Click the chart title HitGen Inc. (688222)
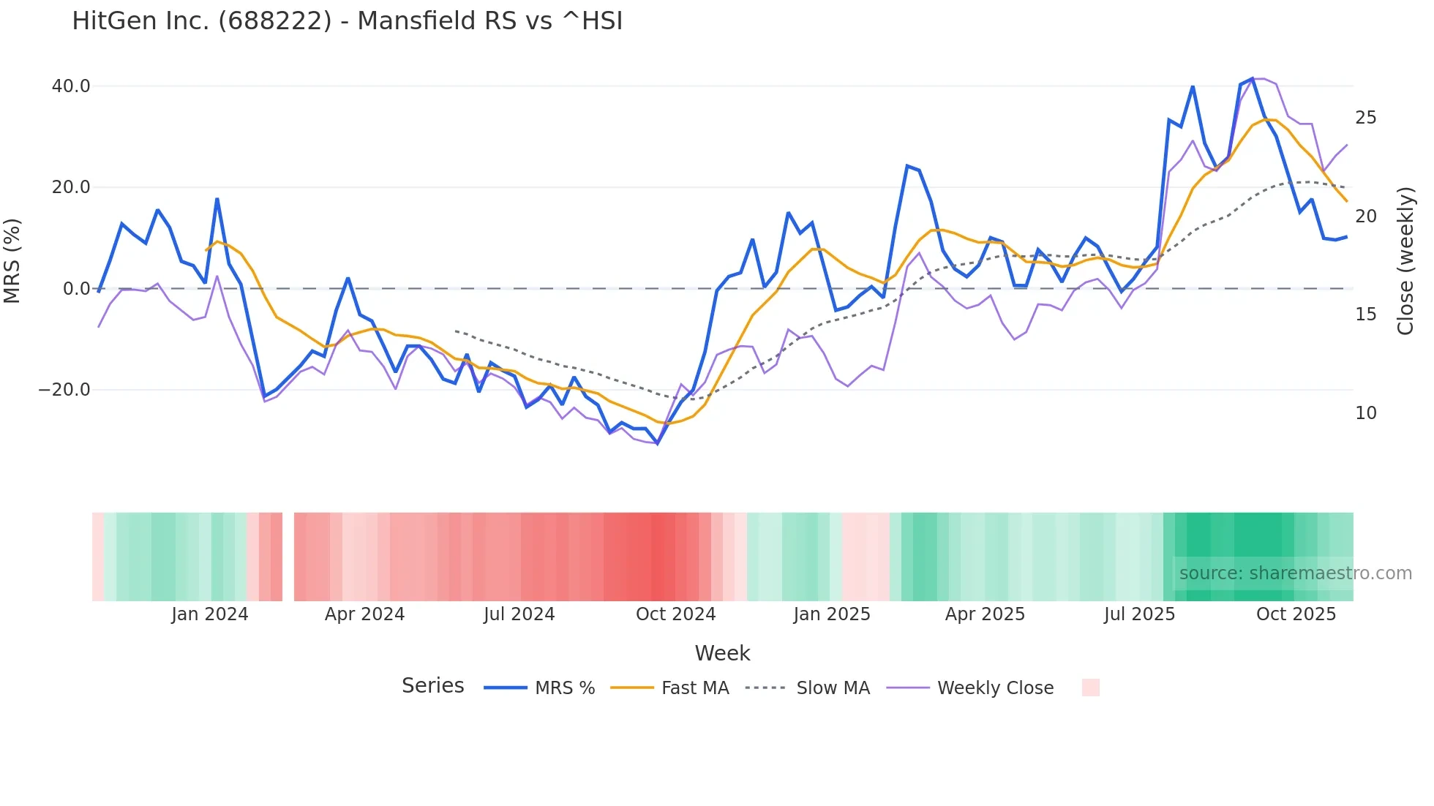pyautogui.click(x=347, y=21)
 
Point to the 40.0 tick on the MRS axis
pyautogui.click(x=71, y=86)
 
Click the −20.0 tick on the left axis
pyautogui.click(x=64, y=390)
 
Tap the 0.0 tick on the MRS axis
pyautogui.click(x=77, y=289)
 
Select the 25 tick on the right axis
pyautogui.click(x=1365, y=118)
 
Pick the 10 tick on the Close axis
pyautogui.click(x=1365, y=413)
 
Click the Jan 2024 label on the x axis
pyautogui.click(x=210, y=614)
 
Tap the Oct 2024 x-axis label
pyautogui.click(x=675, y=614)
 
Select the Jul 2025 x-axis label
pyautogui.click(x=1139, y=614)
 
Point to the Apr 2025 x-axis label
pyautogui.click(x=985, y=614)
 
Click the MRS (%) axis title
pyautogui.click(x=12, y=260)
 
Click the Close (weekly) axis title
pyautogui.click(x=1405, y=261)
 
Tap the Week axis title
pyautogui.click(x=722, y=653)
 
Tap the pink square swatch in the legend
pyautogui.click(x=1090, y=688)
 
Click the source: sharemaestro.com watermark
pyautogui.click(x=1295, y=573)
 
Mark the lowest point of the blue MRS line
pyautogui.click(x=658, y=443)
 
